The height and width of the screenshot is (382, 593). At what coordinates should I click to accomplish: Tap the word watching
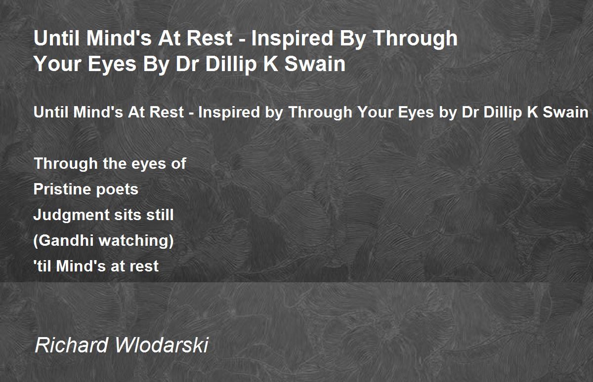tap(136, 241)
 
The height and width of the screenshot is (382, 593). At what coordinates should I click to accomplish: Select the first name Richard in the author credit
tap(72, 345)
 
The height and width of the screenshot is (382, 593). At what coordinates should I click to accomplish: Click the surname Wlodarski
tap(162, 345)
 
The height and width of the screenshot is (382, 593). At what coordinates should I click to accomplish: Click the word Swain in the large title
tap(315, 64)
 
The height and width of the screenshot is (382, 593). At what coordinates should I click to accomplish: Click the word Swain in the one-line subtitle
tap(565, 112)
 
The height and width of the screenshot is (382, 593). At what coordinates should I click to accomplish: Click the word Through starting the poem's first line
tap(66, 164)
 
